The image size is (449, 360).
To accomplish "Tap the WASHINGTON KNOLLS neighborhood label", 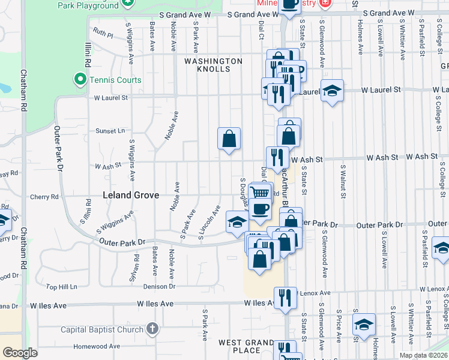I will pos(213,65).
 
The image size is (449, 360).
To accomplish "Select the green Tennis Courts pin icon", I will pos(79,80).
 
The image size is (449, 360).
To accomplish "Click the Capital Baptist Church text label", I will pos(102,329).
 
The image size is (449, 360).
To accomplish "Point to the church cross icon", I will pos(152,329).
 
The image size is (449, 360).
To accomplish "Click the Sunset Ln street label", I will pos(110,130).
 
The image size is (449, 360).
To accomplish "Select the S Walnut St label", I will pos(342,181).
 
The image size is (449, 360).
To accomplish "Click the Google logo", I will pos(20,353).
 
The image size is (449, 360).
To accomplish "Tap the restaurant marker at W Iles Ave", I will pos(285,298).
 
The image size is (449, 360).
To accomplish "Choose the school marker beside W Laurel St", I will pos(332,91).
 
